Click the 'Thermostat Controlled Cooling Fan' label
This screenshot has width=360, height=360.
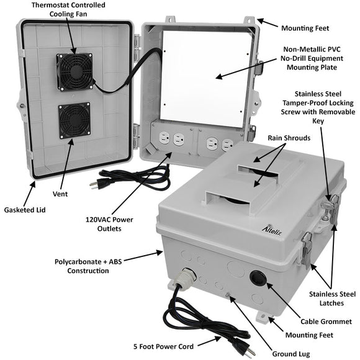68,9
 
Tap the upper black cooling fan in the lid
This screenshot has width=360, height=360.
75,71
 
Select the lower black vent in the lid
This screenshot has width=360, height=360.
74,120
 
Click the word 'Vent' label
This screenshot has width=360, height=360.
60,194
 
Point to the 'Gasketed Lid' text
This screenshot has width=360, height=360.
25,210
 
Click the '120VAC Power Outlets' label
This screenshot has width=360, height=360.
109,224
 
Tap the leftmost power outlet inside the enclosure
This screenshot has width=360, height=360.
164,138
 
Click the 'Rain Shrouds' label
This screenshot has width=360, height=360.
289,138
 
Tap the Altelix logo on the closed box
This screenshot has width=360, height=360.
272,230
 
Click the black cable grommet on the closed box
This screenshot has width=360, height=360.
258,278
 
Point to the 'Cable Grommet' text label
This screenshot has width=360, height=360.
326,322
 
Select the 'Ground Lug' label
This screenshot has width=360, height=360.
291,354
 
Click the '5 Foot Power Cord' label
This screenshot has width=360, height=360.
163,346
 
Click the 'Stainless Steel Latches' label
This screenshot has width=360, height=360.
332,299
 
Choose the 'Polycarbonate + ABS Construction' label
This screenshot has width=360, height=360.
88,266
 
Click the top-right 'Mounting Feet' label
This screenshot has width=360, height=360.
305,28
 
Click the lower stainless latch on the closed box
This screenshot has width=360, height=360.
307,250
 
